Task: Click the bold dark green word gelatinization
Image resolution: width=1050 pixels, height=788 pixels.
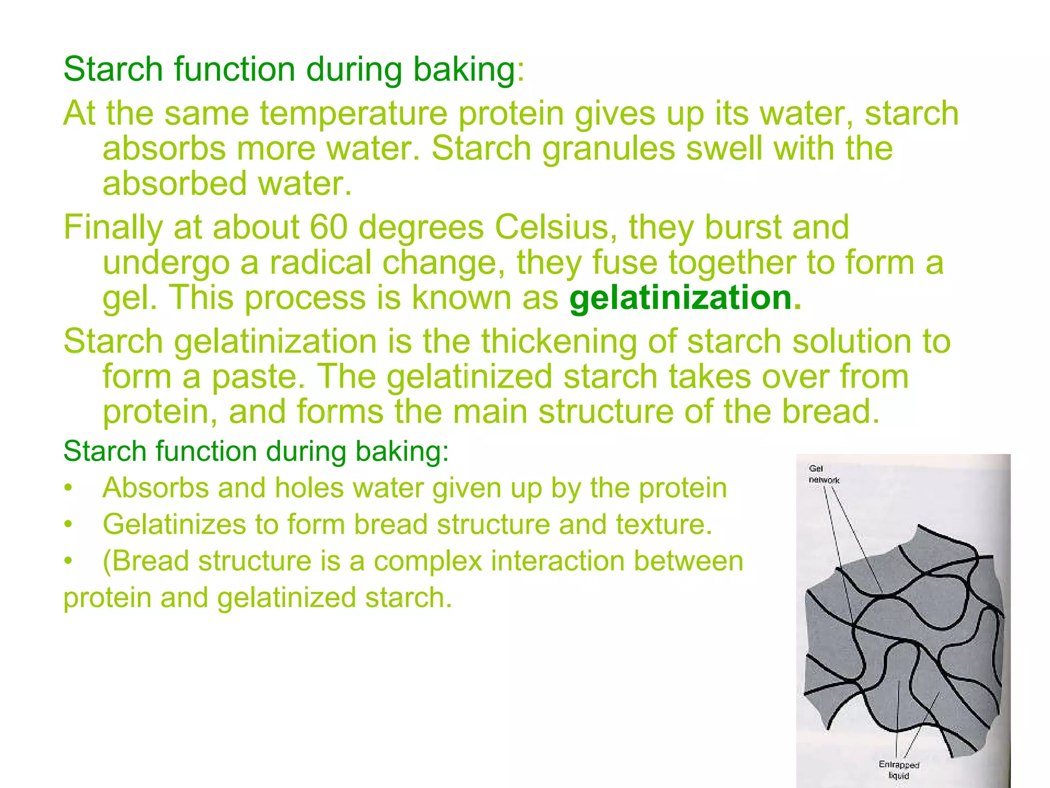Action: tap(681, 298)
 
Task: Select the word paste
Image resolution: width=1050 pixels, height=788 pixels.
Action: tap(255, 377)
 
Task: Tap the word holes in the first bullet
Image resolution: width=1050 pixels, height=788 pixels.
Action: tap(309, 487)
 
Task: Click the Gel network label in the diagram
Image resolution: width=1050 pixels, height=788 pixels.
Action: tap(824, 474)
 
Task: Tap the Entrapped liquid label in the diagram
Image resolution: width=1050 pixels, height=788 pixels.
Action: tap(899, 770)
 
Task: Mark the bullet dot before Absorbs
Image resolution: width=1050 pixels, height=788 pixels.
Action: tap(67, 488)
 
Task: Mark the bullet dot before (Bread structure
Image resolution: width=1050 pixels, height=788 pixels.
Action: tap(67, 561)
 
